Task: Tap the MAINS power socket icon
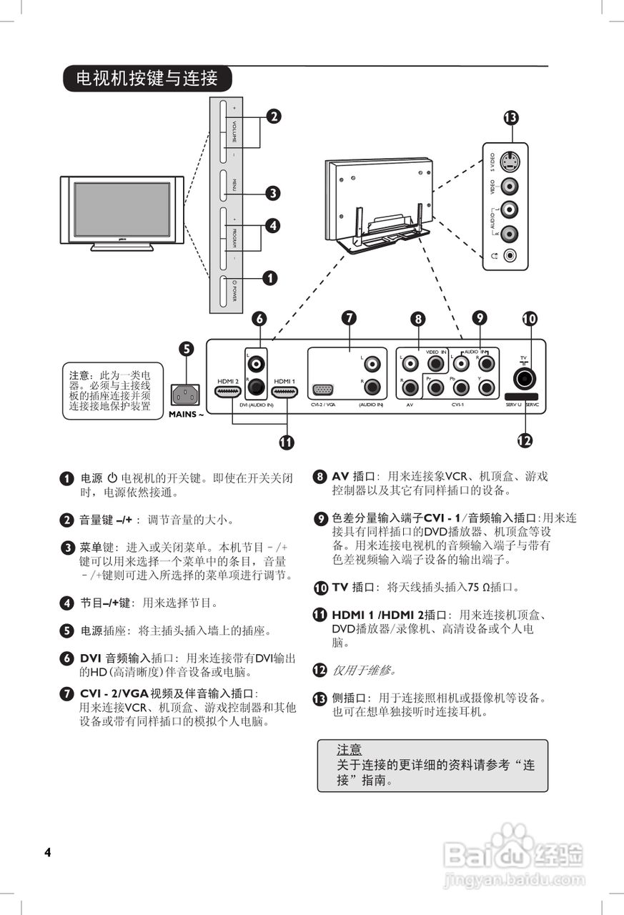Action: point(185,394)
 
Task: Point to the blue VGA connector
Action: point(322,391)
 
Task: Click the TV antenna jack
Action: point(525,377)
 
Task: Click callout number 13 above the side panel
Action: point(510,118)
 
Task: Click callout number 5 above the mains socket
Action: point(186,349)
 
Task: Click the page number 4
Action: point(47,852)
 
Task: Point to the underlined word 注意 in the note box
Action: point(349,750)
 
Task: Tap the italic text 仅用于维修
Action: point(364,671)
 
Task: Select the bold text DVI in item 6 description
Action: point(90,658)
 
